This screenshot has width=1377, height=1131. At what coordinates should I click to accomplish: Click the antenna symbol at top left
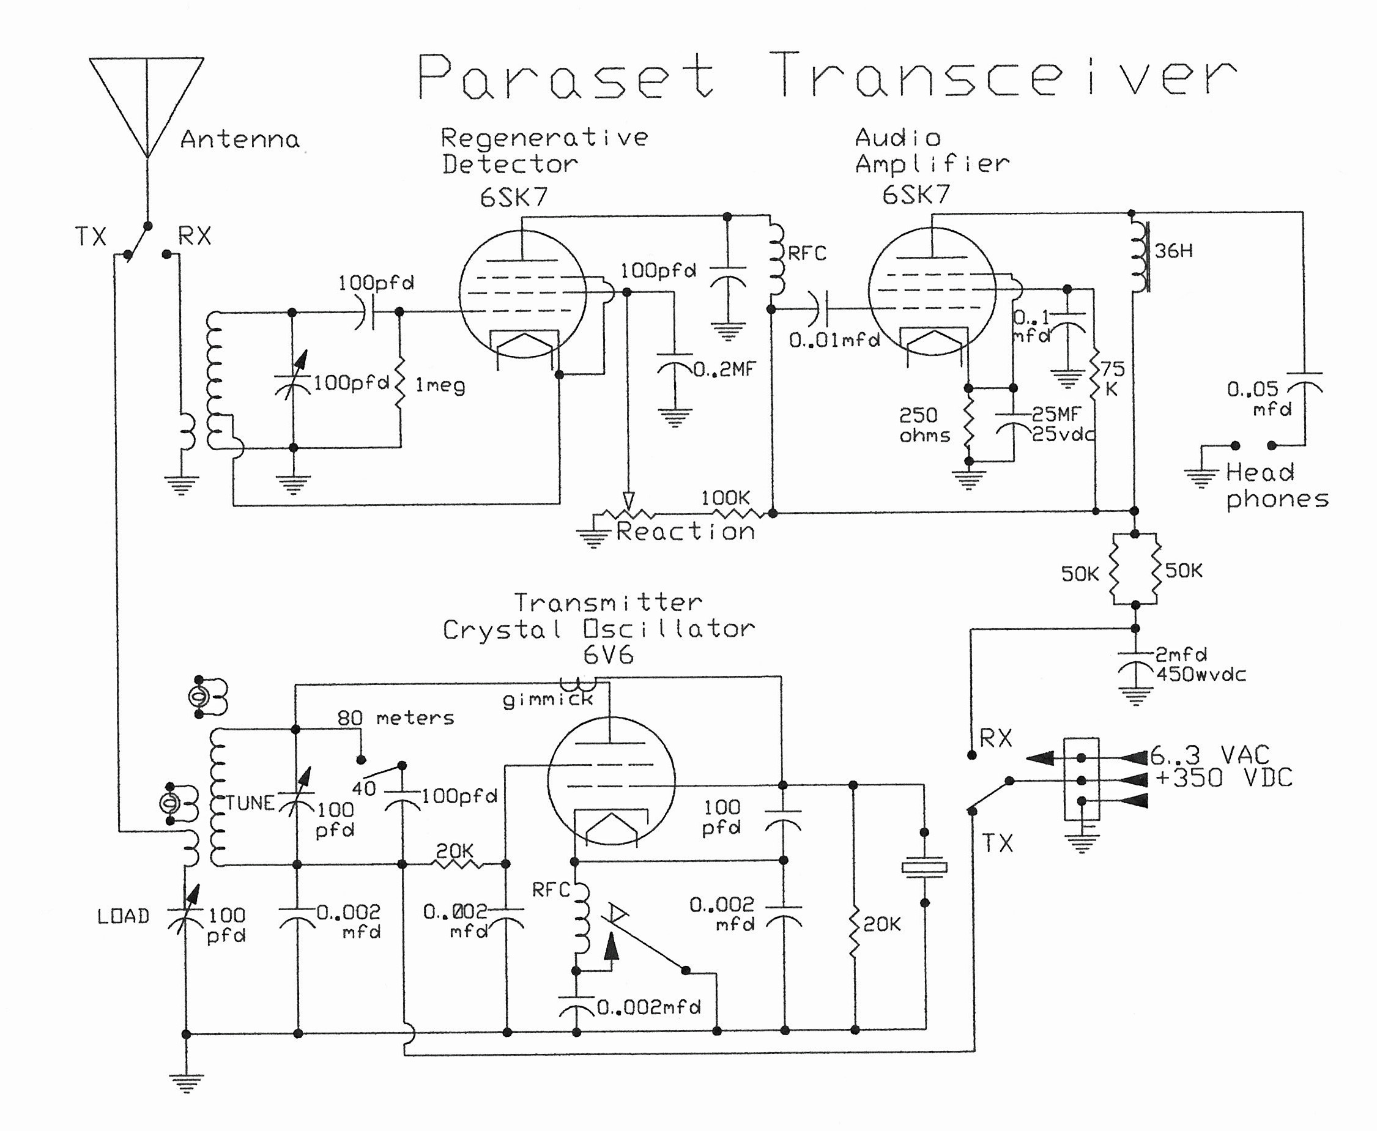pyautogui.click(x=147, y=104)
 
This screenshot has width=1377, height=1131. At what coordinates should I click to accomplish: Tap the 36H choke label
pyautogui.click(x=1173, y=251)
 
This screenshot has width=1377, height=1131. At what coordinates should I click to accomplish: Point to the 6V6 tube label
pyautogui.click(x=607, y=654)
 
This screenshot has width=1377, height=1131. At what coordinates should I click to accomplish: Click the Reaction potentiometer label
pyautogui.click(x=685, y=532)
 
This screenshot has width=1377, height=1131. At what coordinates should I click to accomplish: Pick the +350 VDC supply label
pyautogui.click(x=1223, y=778)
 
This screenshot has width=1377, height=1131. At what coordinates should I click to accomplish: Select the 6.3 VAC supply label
pyautogui.click(x=1209, y=755)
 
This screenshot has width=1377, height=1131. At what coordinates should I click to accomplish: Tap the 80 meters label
pyautogui.click(x=395, y=718)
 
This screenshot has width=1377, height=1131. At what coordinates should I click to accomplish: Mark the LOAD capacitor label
pyautogui.click(x=123, y=917)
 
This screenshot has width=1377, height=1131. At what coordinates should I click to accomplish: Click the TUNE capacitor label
pyautogui.click(x=251, y=803)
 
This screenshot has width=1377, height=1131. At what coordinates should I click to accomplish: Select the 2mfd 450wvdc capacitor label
pyautogui.click(x=1200, y=664)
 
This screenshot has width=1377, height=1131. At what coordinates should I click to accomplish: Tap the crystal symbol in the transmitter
pyautogui.click(x=924, y=867)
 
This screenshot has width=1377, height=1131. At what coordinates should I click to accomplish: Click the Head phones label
pyautogui.click(x=1275, y=485)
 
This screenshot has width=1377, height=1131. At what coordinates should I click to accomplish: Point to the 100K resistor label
pyautogui.click(x=725, y=499)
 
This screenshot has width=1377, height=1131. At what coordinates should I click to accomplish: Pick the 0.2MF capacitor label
pyautogui.click(x=724, y=370)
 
